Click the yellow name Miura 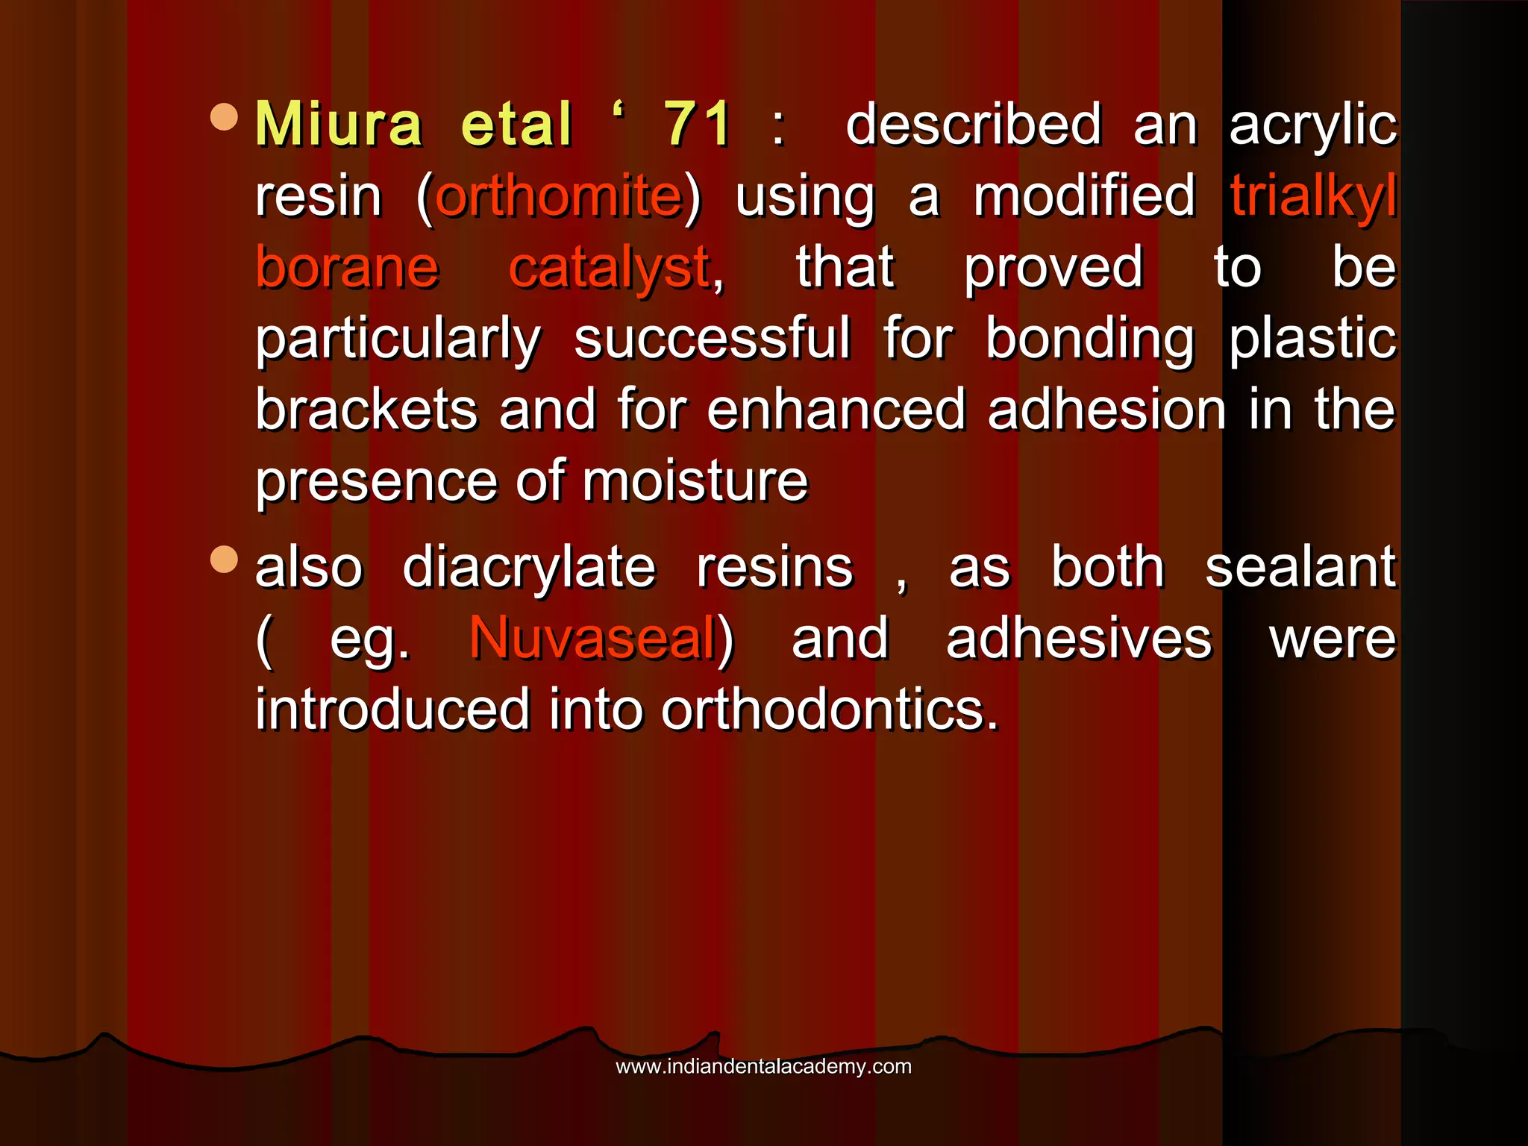[x=339, y=124]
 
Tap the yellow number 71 [x=698, y=124]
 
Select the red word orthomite [x=560, y=196]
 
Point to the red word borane [x=347, y=267]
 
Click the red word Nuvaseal [x=593, y=639]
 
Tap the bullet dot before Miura [x=224, y=117]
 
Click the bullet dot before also [x=224, y=560]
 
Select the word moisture [x=695, y=481]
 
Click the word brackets [x=366, y=410]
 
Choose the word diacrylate [x=529, y=567]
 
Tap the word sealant [x=1300, y=567]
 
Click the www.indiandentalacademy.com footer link [x=763, y=1066]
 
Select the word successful [x=712, y=339]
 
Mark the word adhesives [x=1079, y=639]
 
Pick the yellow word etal [x=516, y=124]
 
